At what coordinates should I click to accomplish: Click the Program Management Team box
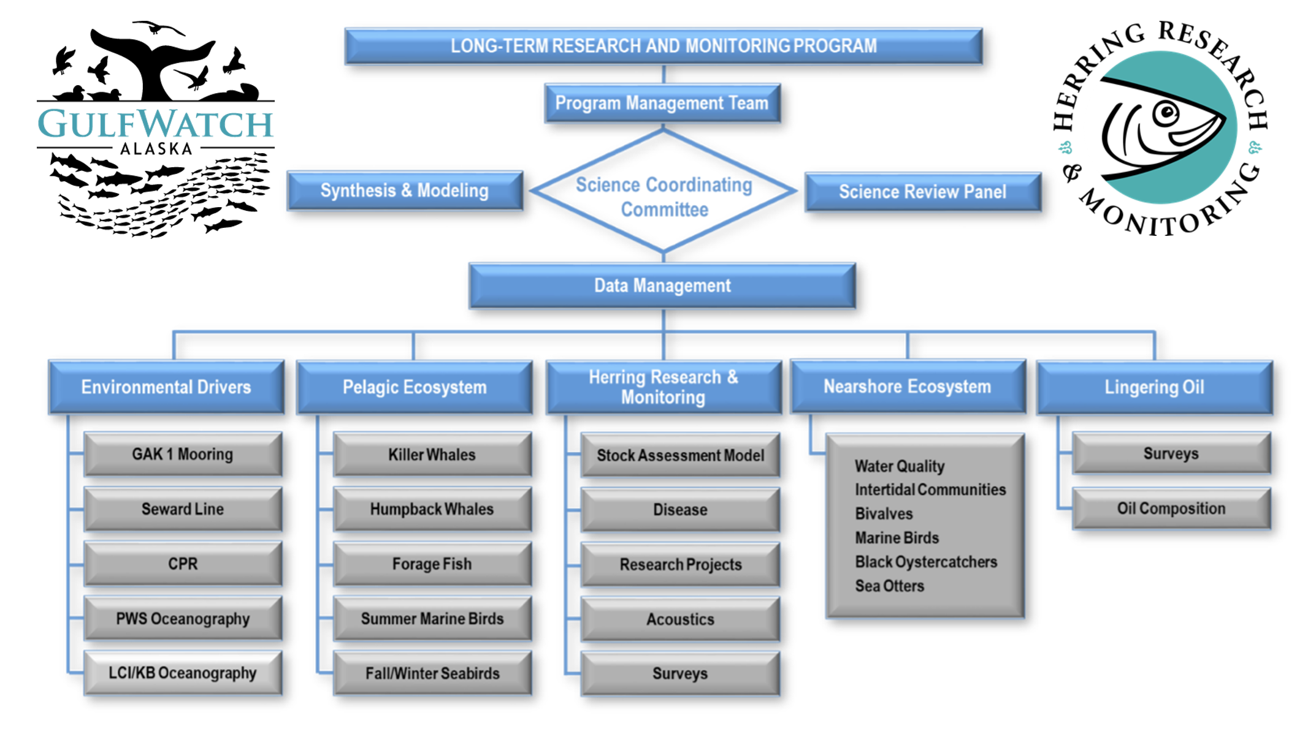662,103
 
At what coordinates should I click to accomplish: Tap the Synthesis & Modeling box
405,191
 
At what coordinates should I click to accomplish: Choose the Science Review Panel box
922,192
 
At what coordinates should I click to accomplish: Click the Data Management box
662,286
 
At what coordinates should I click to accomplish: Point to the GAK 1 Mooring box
183,454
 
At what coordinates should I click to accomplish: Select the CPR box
183,564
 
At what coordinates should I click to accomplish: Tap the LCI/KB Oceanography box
183,673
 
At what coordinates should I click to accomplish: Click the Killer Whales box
432,455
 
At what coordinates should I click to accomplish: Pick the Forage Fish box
432,564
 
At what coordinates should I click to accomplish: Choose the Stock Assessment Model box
680,455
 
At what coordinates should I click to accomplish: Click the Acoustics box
680,619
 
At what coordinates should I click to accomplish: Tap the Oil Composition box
1171,509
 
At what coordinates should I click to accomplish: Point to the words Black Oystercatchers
926,562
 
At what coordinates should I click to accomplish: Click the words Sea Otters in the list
889,586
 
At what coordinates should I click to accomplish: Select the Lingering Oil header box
1154,387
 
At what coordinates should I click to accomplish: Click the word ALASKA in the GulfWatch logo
156,149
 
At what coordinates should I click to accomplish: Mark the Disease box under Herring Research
680,510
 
